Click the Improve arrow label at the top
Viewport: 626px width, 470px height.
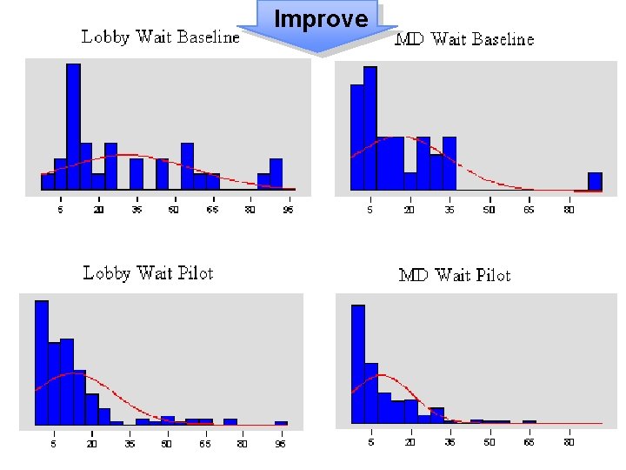[321, 19]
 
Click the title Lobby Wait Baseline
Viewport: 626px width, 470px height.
[160, 37]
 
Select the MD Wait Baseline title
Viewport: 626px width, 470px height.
[464, 39]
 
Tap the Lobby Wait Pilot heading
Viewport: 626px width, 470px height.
[148, 273]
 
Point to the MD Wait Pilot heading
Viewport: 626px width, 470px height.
[454, 275]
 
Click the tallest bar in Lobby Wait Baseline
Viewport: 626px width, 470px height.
[73, 126]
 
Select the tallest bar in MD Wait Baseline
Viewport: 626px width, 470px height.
[370, 128]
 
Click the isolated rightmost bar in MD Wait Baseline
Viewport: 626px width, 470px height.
[595, 181]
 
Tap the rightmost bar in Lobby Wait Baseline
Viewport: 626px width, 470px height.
[276, 173]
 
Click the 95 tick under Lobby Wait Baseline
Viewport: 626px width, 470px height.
[288, 210]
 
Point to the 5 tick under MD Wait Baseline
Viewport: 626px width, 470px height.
[370, 210]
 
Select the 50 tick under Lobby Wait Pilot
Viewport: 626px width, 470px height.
[166, 444]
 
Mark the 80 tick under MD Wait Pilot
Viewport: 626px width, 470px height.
[569, 442]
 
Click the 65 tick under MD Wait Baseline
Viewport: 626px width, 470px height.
[529, 210]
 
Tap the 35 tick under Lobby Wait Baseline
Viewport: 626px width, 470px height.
[137, 210]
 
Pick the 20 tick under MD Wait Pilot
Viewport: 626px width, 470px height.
[410, 442]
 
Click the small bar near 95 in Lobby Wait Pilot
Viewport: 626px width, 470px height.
[281, 423]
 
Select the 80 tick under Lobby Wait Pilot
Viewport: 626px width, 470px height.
[243, 444]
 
